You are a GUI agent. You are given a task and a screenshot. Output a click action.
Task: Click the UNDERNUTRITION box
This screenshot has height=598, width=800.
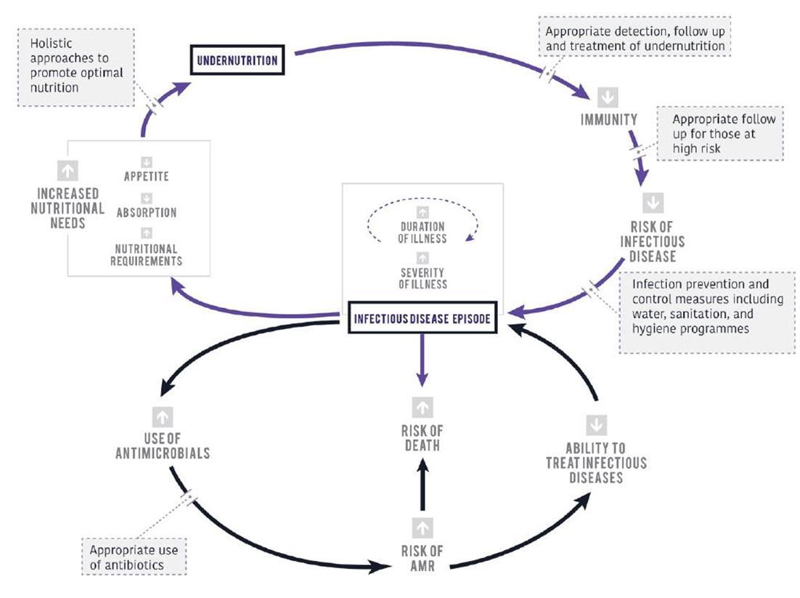coord(237,60)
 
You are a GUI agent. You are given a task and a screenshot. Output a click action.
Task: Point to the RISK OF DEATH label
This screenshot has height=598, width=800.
coord(421,437)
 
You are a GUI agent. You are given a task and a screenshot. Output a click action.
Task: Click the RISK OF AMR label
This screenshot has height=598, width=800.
coord(422,557)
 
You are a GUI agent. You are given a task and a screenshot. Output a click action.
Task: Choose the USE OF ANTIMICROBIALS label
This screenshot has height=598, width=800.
coord(163,445)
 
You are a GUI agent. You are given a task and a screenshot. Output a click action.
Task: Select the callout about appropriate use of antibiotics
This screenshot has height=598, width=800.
coord(134,556)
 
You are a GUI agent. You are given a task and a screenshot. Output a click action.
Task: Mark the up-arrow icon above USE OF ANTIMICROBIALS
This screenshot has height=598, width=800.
coord(163,416)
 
